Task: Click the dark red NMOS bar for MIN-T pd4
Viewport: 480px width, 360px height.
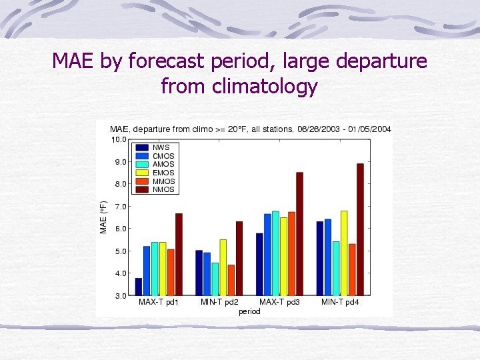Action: coord(360,229)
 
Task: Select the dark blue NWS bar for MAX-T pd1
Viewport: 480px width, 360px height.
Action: coord(139,287)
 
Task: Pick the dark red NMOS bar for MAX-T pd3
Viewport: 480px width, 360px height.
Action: coord(299,233)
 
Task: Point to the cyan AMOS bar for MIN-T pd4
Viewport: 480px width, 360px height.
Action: coord(336,268)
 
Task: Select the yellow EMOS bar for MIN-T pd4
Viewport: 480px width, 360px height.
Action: coord(344,253)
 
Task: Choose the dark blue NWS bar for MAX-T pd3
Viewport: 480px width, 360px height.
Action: coord(259,264)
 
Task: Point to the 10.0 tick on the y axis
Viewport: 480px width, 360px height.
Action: coord(119,140)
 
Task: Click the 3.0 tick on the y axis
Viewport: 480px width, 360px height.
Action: coord(120,295)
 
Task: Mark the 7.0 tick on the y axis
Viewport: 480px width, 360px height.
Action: coord(120,207)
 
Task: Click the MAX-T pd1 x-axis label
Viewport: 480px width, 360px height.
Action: coord(158,303)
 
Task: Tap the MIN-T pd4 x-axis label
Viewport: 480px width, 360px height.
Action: coord(340,303)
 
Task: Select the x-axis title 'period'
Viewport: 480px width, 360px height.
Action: coord(249,311)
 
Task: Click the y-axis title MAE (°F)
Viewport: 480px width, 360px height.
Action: coord(103,217)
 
